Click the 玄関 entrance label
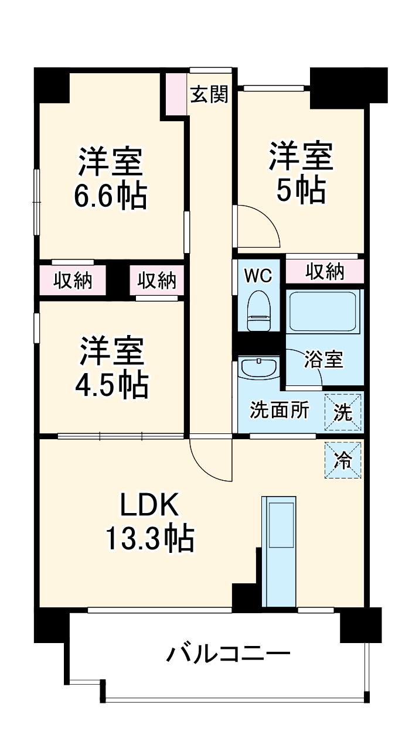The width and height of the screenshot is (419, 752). [209, 94]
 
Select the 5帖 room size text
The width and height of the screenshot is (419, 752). [301, 190]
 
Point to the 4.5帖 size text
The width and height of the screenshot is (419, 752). [111, 384]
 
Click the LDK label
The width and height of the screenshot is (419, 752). [149, 505]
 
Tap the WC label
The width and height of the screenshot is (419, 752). [258, 275]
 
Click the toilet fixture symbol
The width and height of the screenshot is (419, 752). [258, 312]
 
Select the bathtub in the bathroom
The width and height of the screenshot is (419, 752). [324, 312]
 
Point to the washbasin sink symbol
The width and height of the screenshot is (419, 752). [259, 370]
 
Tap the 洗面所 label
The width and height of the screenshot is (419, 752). [279, 411]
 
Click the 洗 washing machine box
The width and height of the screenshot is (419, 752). [343, 412]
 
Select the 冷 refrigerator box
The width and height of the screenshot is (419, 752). [343, 460]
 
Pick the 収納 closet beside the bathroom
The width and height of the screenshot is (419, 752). [324, 272]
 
